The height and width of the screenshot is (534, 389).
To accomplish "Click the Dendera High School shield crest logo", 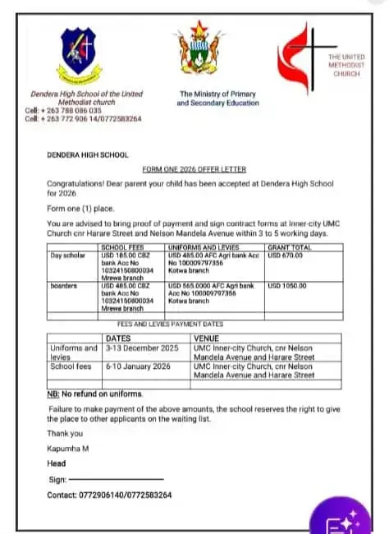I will tap(78, 55).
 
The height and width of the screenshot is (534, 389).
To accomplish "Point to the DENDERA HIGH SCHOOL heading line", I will tap(87, 154).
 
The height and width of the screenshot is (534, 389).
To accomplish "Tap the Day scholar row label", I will tap(68, 255).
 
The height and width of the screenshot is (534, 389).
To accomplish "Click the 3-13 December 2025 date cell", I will tap(144, 348).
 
